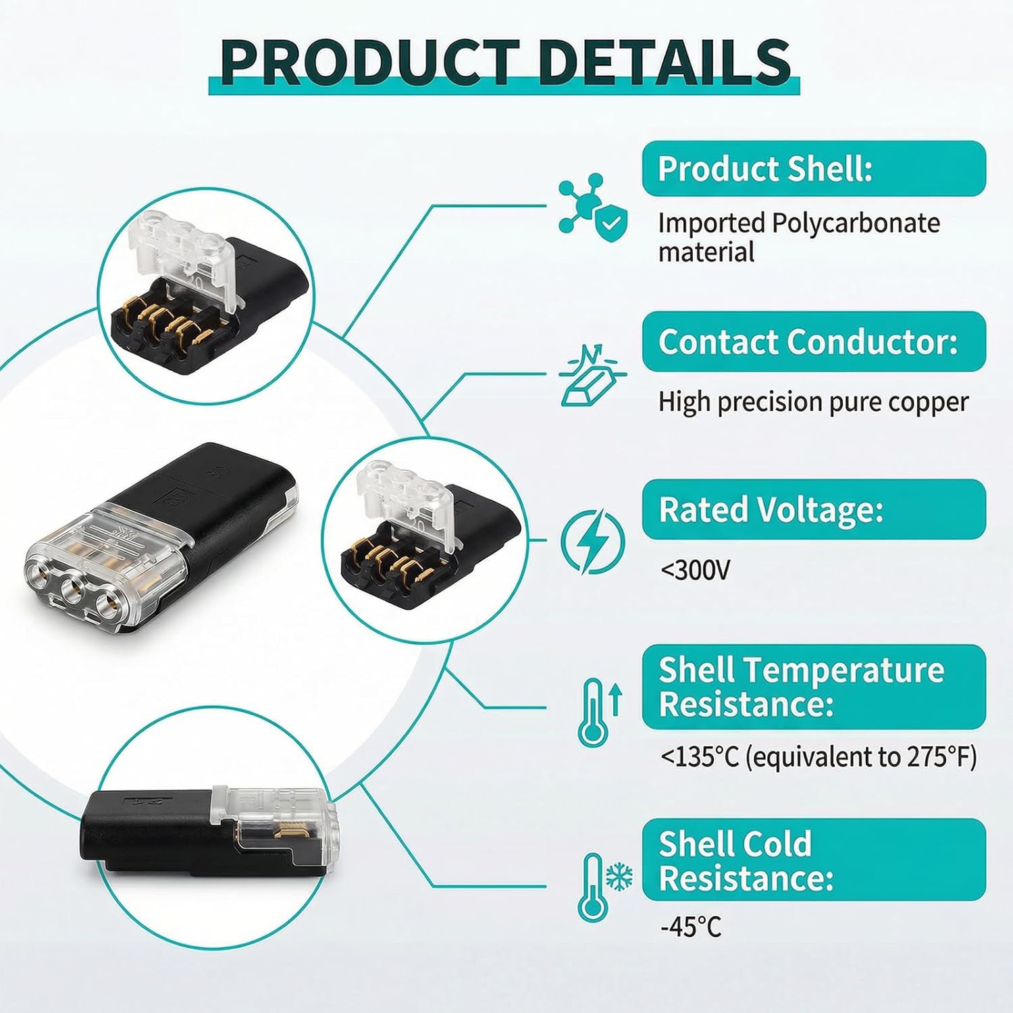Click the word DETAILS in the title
(x=665, y=61)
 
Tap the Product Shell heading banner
(x=814, y=168)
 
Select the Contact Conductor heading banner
(x=814, y=341)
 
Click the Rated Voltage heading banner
(x=814, y=509)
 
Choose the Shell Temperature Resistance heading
(x=814, y=687)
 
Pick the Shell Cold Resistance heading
(x=814, y=860)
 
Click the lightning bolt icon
(x=593, y=542)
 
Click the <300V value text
(x=695, y=571)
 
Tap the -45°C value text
(x=691, y=927)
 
